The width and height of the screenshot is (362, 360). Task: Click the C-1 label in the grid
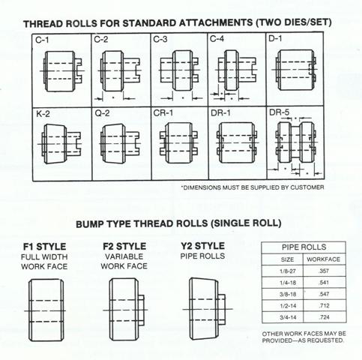coord(42,40)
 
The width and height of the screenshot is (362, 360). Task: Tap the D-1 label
coord(275,38)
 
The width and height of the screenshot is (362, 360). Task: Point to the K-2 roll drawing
coord(60,144)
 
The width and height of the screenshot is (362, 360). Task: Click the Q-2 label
coord(102,113)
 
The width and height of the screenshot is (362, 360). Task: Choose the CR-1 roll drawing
coord(179,143)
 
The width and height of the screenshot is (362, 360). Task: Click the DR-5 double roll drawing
coord(295,142)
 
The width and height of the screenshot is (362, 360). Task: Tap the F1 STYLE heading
coord(44,247)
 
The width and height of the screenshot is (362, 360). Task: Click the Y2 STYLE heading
coord(202,246)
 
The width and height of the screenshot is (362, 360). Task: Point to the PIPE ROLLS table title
coord(304,247)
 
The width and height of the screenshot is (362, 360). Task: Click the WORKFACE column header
coord(324,259)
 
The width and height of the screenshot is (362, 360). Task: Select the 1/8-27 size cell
coord(288,271)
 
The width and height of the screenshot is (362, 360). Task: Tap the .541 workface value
coord(324,283)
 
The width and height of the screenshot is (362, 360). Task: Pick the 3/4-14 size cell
coord(288,317)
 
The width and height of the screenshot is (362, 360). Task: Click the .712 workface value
coord(324,305)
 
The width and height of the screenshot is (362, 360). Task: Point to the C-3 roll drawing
coord(179,70)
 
